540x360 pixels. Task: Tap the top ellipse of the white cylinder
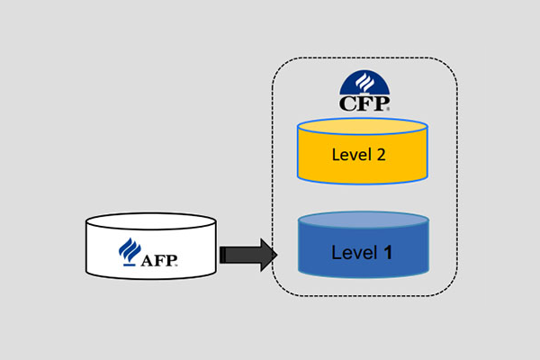pos(151,221)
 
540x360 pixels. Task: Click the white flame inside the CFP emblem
pos(364,85)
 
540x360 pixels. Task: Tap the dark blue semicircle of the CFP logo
pos(364,84)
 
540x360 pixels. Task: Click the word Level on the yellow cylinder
pos(349,155)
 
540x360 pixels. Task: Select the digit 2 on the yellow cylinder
pos(382,155)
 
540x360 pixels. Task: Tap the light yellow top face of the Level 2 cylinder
pos(362,127)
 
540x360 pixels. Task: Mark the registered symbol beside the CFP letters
pos(388,108)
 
